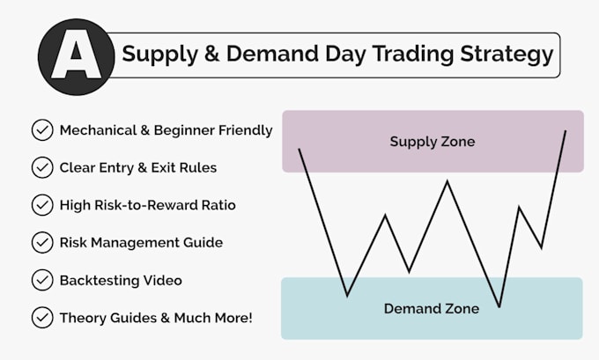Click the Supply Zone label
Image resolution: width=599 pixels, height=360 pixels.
(432, 141)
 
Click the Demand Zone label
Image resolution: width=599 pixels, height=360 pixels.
(432, 308)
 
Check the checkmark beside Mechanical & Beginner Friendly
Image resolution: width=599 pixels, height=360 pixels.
(41, 130)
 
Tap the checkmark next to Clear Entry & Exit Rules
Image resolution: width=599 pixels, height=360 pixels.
(41, 167)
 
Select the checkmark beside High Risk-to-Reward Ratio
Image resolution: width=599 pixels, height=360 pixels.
(41, 205)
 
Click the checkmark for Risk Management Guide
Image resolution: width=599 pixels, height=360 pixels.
(41, 242)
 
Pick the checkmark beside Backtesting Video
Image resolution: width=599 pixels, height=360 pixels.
(41, 280)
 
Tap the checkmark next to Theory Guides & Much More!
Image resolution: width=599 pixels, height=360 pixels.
(41, 317)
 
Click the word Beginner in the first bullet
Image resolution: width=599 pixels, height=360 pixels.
(182, 130)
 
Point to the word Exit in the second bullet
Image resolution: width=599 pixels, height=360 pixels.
(173, 167)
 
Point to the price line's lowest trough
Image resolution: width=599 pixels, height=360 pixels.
(499, 306)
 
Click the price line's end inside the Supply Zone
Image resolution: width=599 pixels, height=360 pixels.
(566, 131)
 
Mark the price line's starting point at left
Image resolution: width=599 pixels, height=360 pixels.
(299, 150)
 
